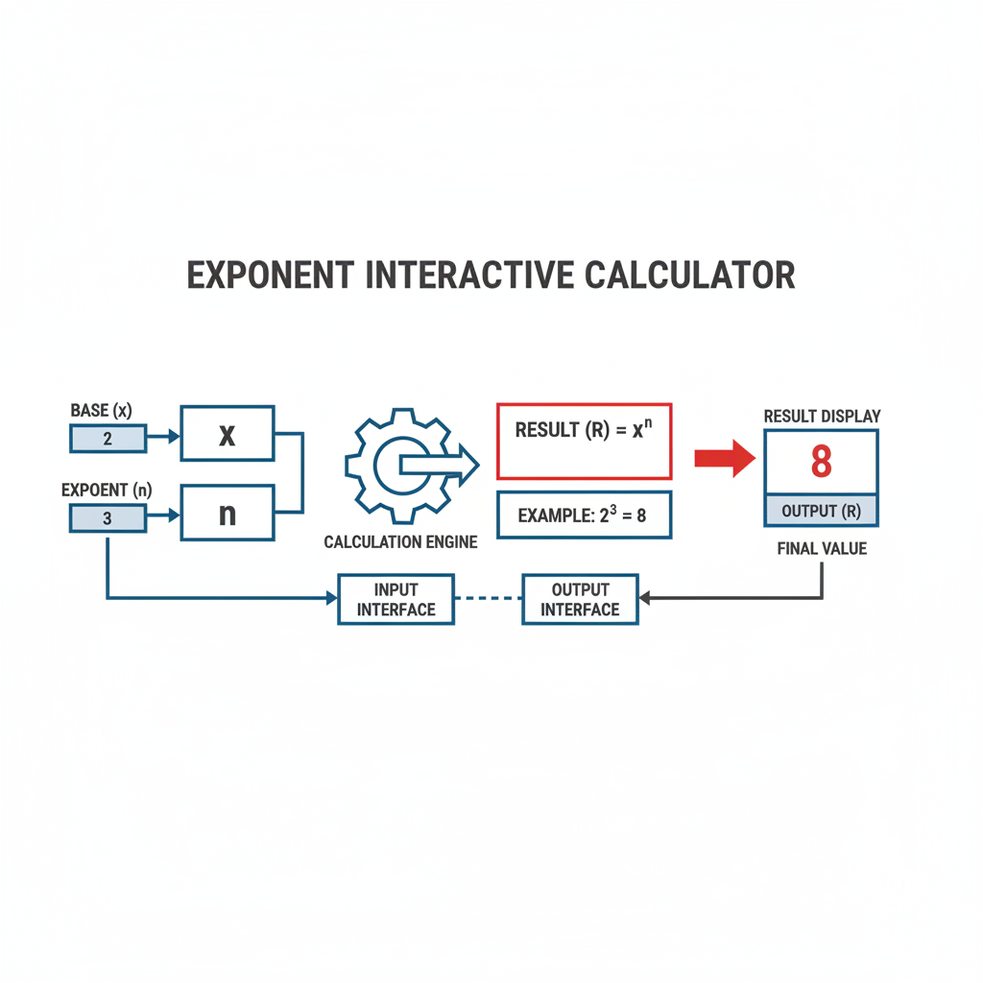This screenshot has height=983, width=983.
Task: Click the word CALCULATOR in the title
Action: click(x=689, y=276)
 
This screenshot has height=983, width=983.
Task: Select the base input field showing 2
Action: click(x=108, y=438)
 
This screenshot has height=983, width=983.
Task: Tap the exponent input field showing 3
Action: click(x=108, y=518)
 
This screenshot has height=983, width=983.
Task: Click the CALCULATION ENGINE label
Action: click(x=400, y=541)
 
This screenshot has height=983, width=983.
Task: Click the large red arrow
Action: click(x=725, y=458)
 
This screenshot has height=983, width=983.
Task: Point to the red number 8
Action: click(x=822, y=461)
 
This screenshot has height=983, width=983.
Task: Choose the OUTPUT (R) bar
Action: click(x=822, y=511)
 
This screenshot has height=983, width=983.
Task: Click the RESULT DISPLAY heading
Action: click(x=822, y=417)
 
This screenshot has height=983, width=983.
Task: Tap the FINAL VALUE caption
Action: click(x=822, y=548)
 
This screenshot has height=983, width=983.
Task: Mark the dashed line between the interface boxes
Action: click(x=489, y=598)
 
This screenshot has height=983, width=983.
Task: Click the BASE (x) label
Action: click(x=101, y=411)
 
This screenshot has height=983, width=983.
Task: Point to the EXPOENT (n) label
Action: click(x=107, y=490)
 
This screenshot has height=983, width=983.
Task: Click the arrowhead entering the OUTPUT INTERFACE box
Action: click(x=644, y=598)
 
